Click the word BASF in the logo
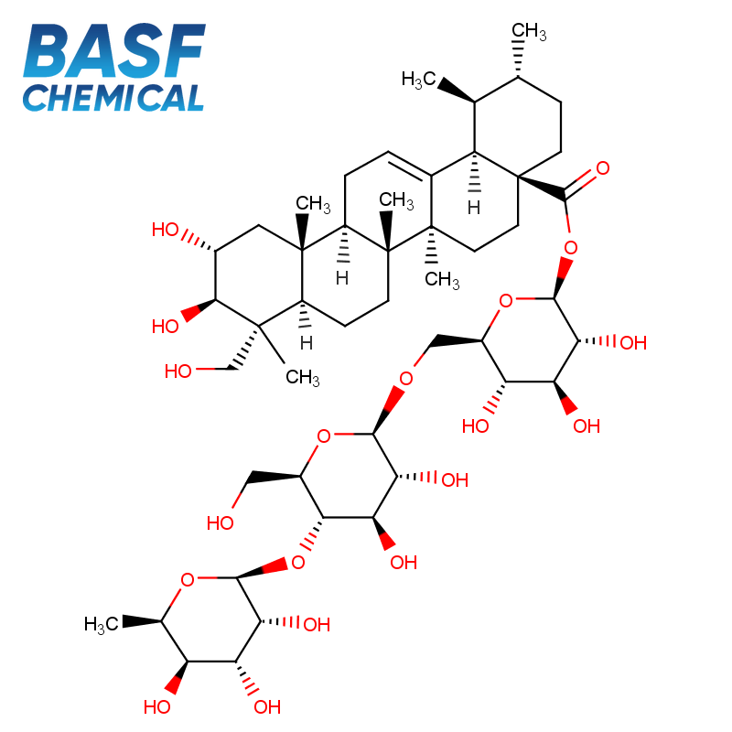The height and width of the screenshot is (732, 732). tap(114, 50)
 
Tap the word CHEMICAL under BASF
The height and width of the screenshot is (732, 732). tap(113, 98)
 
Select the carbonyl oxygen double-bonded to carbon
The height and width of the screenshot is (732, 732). tap(603, 168)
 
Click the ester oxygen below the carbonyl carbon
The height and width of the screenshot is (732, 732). tap(570, 247)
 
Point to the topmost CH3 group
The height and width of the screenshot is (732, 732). tap(529, 31)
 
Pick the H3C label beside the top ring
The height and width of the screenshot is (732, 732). tap(418, 80)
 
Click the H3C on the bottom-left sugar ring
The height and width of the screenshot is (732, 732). tap(101, 624)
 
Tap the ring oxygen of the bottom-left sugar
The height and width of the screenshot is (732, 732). tap(188, 580)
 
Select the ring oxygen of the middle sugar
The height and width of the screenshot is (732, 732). tap(324, 436)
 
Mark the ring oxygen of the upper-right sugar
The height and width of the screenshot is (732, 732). tap(506, 301)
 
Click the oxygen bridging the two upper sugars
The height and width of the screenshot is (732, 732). tap(406, 378)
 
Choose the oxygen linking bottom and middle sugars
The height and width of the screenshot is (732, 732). tap(298, 563)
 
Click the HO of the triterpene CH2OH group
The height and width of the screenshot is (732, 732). tap(178, 371)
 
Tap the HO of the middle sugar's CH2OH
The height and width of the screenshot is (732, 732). tap(220, 522)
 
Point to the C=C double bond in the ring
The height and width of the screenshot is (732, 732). tap(410, 165)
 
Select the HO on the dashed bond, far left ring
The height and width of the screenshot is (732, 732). tap(166, 230)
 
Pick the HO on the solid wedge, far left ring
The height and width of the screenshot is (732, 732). tap(166, 327)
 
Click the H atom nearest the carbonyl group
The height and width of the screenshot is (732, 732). tap(474, 208)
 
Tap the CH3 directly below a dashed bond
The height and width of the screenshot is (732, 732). tap(442, 280)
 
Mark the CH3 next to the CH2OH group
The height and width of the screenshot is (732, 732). tap(303, 377)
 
